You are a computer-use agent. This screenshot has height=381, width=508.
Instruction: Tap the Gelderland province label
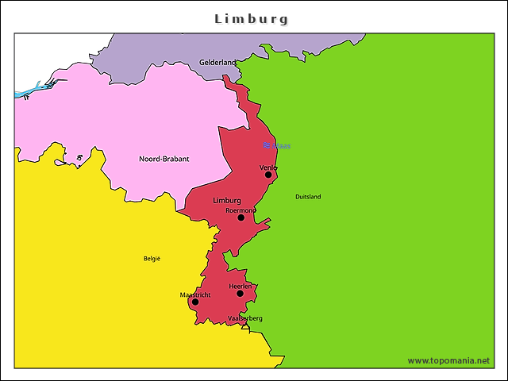[217, 62]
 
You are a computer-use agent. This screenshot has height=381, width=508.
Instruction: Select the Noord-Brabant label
[164, 159]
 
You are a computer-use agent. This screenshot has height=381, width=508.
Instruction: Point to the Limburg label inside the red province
[227, 201]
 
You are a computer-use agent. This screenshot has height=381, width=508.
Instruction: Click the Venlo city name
[268, 167]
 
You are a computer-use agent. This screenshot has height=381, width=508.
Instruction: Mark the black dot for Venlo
[268, 175]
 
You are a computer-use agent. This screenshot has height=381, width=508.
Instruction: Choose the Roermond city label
[241, 210]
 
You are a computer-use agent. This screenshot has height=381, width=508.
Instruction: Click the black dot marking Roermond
[241, 217]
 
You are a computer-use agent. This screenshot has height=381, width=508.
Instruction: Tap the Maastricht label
[195, 294]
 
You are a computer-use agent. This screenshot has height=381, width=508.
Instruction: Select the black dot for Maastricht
[195, 302]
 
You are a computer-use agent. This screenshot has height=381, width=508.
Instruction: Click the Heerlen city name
[240, 286]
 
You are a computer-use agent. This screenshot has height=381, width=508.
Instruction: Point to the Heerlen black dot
[240, 294]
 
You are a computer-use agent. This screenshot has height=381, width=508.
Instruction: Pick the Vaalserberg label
[244, 318]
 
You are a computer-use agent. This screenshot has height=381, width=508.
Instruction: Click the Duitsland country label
[308, 197]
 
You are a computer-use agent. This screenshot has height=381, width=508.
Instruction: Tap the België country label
[152, 258]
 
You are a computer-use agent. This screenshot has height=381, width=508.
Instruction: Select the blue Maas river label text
[282, 146]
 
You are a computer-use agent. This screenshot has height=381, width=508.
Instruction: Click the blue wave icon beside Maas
[267, 145]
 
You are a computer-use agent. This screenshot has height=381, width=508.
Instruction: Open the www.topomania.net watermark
[448, 360]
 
